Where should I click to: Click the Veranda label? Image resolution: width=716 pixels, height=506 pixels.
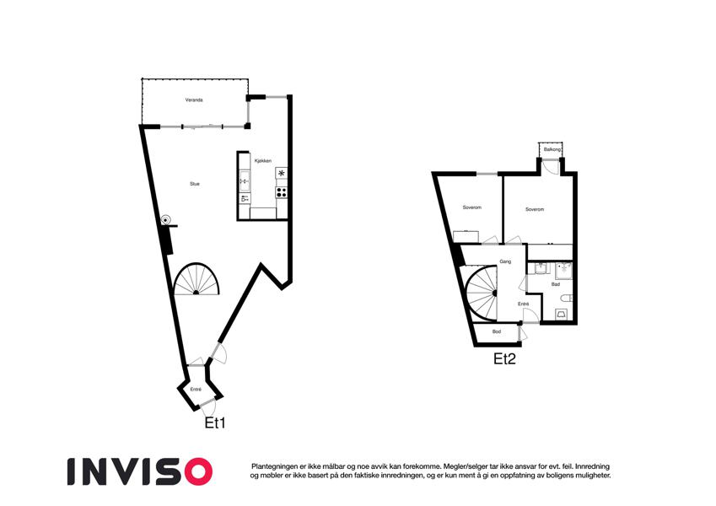click(x=194, y=100)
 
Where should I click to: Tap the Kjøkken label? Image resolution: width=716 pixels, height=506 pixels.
click(x=263, y=161)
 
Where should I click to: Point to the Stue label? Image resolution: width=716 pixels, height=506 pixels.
click(x=195, y=184)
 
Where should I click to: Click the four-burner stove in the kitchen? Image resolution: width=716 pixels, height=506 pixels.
click(x=282, y=192)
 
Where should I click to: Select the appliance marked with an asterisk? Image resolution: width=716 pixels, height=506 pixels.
click(x=282, y=173)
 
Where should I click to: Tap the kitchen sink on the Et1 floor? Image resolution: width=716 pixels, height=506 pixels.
click(x=245, y=181)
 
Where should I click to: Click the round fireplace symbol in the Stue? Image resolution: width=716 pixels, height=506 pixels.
click(x=167, y=219)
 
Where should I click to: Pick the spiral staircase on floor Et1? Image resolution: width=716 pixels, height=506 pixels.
click(x=196, y=279)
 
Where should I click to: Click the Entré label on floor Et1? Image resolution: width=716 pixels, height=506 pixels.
click(x=196, y=390)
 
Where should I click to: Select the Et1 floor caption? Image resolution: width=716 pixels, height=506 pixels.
click(x=214, y=423)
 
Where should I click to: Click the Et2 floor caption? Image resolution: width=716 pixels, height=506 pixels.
click(x=504, y=359)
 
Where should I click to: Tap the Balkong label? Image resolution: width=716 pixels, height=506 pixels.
click(x=552, y=149)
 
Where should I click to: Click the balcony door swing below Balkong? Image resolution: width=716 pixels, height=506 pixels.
click(x=553, y=166)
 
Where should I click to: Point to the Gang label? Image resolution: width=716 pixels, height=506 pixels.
click(x=505, y=261)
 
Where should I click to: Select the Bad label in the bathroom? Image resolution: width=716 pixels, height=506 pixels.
click(x=556, y=284)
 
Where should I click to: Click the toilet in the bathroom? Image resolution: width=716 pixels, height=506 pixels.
click(x=567, y=299)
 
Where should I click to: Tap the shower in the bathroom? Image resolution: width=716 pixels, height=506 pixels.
click(x=564, y=271)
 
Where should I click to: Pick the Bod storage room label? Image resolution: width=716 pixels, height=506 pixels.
click(x=497, y=331)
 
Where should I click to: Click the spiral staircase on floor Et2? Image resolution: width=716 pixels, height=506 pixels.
click(x=482, y=293)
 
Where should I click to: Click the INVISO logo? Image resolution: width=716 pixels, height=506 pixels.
click(x=140, y=471)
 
